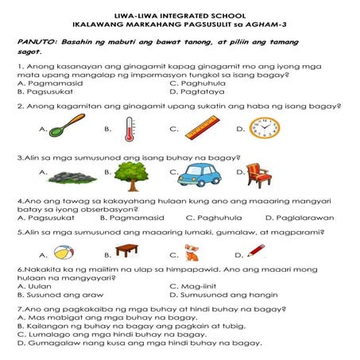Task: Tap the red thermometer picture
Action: click(x=130, y=130)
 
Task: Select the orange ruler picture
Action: click(x=203, y=128)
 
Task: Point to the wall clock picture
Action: click(x=265, y=128)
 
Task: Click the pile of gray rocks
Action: click(x=72, y=177)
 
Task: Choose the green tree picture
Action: click(x=131, y=176)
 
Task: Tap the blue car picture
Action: click(x=199, y=175)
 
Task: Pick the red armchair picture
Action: click(x=258, y=176)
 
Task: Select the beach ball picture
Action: click(x=64, y=253)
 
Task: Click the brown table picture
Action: click(x=127, y=250)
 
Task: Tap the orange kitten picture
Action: click(x=192, y=253)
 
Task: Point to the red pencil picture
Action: click(x=256, y=250)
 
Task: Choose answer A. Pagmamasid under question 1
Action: click(x=50, y=83)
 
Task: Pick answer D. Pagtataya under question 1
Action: click(x=197, y=92)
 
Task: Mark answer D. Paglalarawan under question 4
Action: click(x=300, y=218)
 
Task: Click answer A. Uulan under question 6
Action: click(x=34, y=286)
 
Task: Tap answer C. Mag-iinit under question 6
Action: click(x=193, y=286)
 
